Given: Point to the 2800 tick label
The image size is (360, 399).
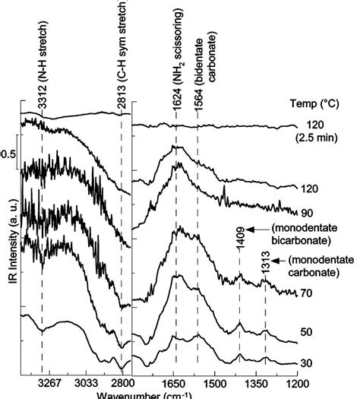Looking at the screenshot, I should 122,382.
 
